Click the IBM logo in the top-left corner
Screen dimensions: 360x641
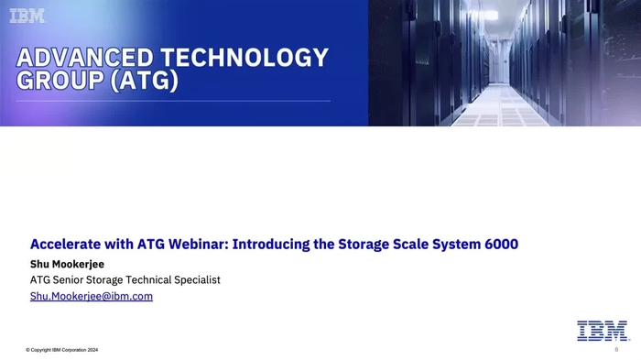[x=27, y=16]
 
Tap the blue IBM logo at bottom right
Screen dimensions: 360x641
[x=602, y=331]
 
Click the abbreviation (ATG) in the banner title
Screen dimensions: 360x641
[x=142, y=82]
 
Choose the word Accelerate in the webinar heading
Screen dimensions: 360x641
[x=65, y=245]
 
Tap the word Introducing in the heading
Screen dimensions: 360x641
[x=276, y=245]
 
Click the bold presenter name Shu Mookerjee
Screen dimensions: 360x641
[x=68, y=265]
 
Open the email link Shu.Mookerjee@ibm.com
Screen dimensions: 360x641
[x=92, y=297]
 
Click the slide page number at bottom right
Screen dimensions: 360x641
[x=616, y=350]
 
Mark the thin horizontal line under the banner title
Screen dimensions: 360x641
[x=174, y=101]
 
